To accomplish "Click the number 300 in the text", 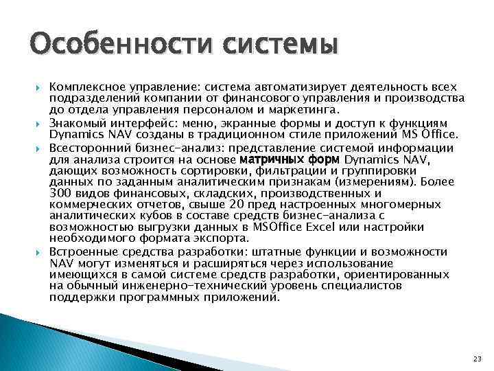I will tap(60, 195).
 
